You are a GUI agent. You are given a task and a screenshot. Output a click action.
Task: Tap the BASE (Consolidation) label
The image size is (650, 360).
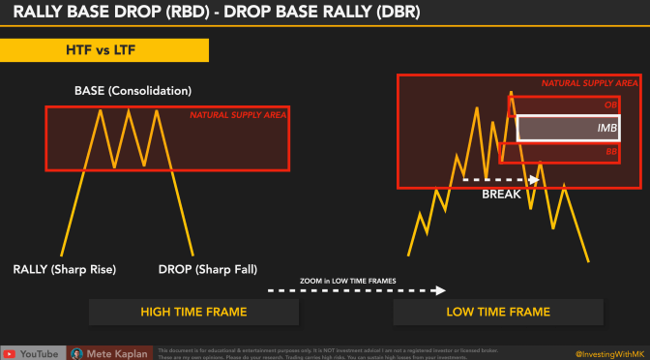point(133,91)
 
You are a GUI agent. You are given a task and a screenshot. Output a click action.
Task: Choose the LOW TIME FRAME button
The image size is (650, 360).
point(498,312)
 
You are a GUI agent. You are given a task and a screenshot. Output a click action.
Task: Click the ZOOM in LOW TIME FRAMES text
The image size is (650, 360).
point(348,281)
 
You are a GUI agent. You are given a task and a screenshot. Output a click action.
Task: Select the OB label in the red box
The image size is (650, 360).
point(610,104)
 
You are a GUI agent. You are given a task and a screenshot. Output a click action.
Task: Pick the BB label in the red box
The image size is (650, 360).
point(610,151)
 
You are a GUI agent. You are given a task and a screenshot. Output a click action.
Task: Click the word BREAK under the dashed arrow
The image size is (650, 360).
point(501,194)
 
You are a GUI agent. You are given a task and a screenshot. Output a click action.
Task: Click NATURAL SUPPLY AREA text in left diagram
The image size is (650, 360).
point(238,116)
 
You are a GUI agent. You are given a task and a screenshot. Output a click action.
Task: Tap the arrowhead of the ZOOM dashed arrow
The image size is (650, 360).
point(441,289)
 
